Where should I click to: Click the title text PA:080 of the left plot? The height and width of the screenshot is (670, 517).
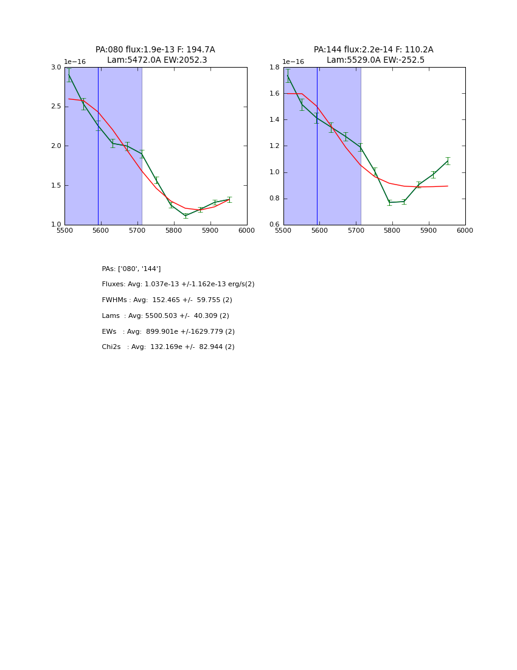pos(109,50)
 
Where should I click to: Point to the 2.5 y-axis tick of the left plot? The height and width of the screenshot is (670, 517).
pos(56,107)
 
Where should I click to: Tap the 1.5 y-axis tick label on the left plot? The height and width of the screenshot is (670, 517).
pos(56,185)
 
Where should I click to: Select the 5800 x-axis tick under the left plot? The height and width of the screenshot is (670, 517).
pos(173,231)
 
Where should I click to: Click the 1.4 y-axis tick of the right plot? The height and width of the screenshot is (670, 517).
pos(275,120)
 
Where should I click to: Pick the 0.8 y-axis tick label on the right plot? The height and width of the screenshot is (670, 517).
pos(275,199)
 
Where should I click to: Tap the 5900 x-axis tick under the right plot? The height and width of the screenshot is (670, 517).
pos(428,231)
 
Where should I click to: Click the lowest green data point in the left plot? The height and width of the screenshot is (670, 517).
pos(186,216)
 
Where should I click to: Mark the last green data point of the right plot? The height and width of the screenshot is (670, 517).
pos(448,161)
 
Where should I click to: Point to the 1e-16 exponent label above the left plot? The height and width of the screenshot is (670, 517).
pos(75,62)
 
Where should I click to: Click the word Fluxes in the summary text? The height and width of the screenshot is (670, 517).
pos(114,284)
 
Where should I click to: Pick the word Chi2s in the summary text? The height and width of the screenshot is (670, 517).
pos(111,347)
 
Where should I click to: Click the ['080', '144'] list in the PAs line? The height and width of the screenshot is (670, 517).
pos(139,269)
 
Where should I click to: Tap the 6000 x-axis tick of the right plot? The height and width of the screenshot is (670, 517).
pos(465,231)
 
